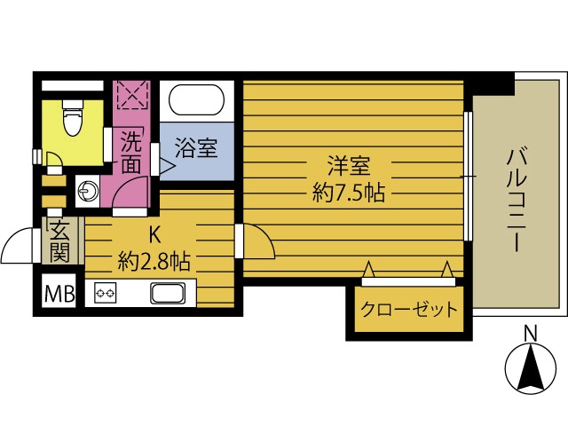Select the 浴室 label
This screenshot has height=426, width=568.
tap(196, 147)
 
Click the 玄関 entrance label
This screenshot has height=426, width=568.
tap(59, 241)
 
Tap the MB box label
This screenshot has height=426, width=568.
tap(59, 291)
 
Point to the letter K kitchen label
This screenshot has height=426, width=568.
tap(154, 235)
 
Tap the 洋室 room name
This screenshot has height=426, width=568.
tap(348, 166)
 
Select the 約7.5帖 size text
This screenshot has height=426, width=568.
tap(348, 192)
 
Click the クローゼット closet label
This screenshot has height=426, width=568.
tap(409, 310)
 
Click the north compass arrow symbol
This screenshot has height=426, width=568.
tap(530, 368)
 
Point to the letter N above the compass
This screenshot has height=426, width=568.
tap(530, 334)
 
